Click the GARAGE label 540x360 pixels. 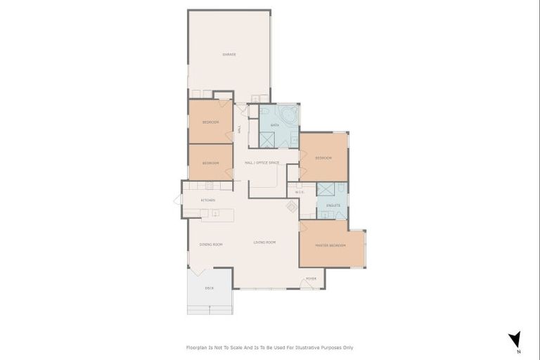pos(229,54)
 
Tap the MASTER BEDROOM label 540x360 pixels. pos(330,245)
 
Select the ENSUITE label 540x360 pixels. pos(333,205)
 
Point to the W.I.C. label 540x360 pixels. pos(300,191)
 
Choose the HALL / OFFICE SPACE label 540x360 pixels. pos(262,162)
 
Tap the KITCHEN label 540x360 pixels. pos(208,200)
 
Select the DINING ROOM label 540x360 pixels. pos(211,244)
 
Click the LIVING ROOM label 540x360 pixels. pos(264,242)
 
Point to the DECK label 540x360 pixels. pos(209,288)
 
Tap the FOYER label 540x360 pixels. pos(311,278)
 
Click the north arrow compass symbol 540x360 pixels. pos(515,340)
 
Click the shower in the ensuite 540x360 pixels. pos(326,189)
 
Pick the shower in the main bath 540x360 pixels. pos(268,139)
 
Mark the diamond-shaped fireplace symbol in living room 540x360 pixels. pos(292,206)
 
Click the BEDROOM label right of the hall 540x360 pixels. pos(323,157)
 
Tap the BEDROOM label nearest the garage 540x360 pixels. pos(210,122)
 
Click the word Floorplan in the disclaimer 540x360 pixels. pos(199,347)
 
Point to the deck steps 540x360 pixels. pos(210,309)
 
